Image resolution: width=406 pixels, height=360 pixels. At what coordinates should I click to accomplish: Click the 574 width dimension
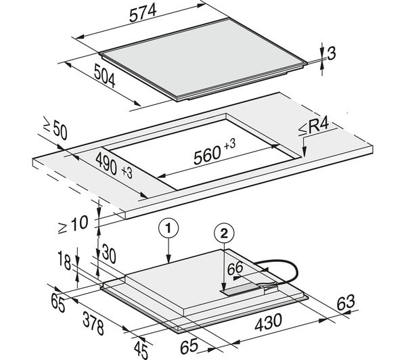[x=143, y=13]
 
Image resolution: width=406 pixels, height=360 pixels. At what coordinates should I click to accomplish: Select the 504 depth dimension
[x=104, y=76]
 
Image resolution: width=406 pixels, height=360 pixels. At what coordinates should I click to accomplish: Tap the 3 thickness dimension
[x=332, y=53]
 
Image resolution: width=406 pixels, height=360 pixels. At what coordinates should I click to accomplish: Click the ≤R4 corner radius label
[x=313, y=127]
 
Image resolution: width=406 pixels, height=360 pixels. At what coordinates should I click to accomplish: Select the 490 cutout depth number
[x=106, y=164]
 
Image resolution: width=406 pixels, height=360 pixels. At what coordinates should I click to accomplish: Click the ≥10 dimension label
[x=73, y=225]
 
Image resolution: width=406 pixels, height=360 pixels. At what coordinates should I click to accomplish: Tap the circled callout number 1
[x=168, y=229]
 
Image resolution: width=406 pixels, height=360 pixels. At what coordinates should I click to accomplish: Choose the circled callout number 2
[x=224, y=234]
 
